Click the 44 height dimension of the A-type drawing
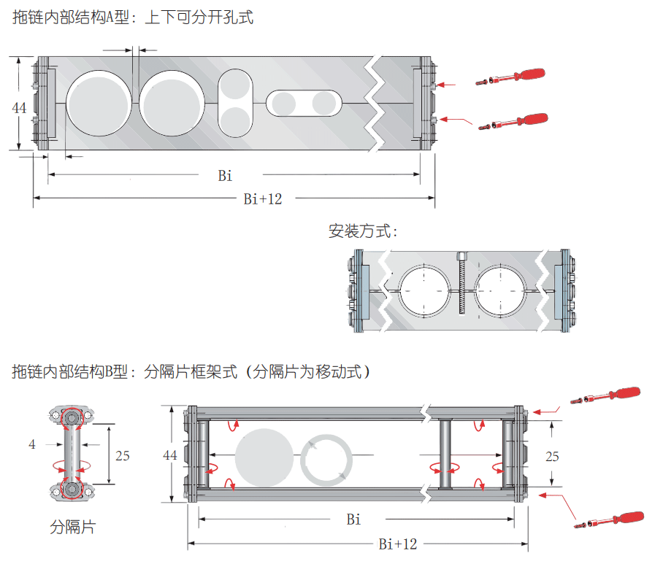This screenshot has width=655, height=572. (x=20, y=107)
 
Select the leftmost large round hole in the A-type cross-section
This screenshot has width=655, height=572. (x=100, y=102)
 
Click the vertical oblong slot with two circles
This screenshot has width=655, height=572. (x=235, y=103)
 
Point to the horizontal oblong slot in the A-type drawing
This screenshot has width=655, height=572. (x=304, y=103)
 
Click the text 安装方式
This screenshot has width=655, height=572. (x=362, y=232)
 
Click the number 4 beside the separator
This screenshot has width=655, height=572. (x=31, y=444)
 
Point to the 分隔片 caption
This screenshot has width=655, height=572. (x=72, y=527)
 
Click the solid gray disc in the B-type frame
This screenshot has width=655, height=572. (x=264, y=457)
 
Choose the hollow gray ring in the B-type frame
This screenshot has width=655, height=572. (x=327, y=459)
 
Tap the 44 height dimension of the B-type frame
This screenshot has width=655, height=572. (x=170, y=455)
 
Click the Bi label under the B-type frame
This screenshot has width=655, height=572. (x=353, y=519)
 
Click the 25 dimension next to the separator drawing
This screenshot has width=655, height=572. (x=123, y=455)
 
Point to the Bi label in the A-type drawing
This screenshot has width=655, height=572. (x=226, y=175)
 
